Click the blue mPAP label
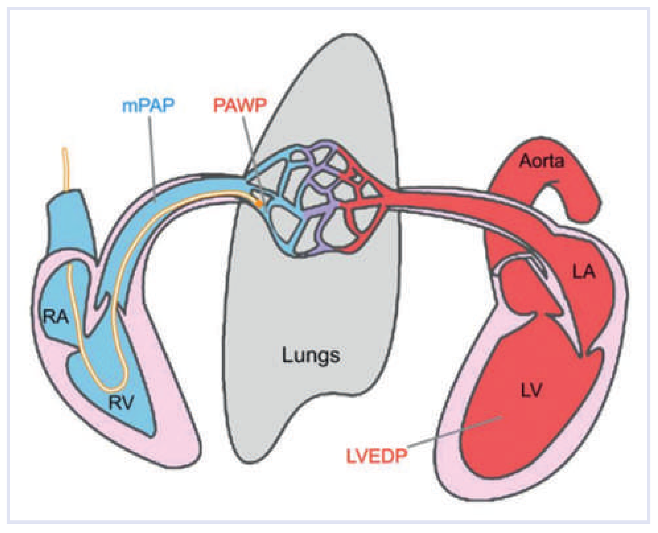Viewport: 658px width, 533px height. point(148,106)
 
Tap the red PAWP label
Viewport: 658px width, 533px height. point(240,106)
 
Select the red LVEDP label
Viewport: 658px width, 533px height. point(377,456)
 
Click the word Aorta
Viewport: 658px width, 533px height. point(542,161)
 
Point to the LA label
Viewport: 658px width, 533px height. point(584,272)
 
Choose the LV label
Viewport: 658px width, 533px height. point(531,390)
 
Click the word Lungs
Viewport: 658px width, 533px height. point(311,356)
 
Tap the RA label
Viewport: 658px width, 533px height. point(56,317)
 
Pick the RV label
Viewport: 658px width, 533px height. point(121,403)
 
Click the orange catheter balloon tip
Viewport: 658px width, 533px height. point(259,204)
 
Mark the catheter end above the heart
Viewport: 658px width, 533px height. point(65,152)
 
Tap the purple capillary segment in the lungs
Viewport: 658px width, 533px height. point(317,212)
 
